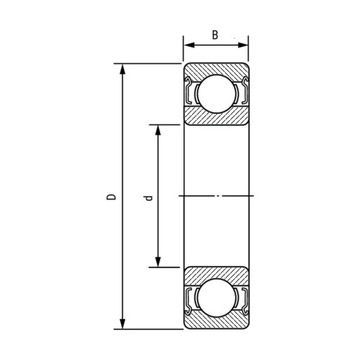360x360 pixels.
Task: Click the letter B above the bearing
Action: pyautogui.click(x=216, y=34)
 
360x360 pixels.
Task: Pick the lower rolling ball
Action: pyautogui.click(x=215, y=301)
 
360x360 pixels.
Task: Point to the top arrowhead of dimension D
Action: pyautogui.click(x=122, y=70)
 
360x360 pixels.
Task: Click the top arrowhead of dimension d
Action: pyautogui.click(x=157, y=129)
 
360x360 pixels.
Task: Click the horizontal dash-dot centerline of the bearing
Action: pyautogui.click(x=215, y=197)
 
